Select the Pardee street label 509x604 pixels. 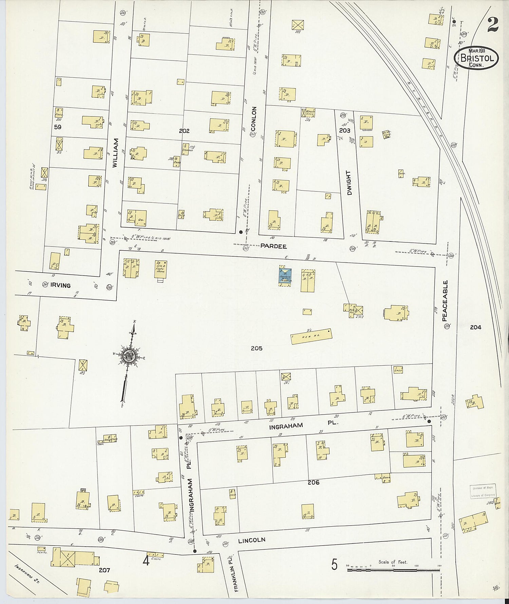pyautogui.click(x=274, y=246)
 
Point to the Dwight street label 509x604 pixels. pyautogui.click(x=349, y=183)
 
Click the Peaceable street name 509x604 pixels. pyautogui.click(x=445, y=301)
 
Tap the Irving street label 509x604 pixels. pyautogui.click(x=60, y=285)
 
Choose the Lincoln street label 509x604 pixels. pyautogui.click(x=251, y=540)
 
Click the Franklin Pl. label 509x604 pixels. pyautogui.click(x=232, y=573)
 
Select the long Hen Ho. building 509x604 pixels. pyautogui.click(x=311, y=336)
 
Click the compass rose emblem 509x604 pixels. pyautogui.click(x=129, y=356)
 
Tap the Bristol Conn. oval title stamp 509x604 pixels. pyautogui.click(x=476, y=58)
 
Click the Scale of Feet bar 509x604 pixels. pyautogui.click(x=394, y=569)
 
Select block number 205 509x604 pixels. pyautogui.click(x=257, y=348)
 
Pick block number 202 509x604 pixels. pyautogui.click(x=184, y=131)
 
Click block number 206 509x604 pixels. pyautogui.click(x=313, y=482)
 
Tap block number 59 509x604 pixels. pyautogui.click(x=58, y=127)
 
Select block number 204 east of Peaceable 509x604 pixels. pyautogui.click(x=475, y=327)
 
